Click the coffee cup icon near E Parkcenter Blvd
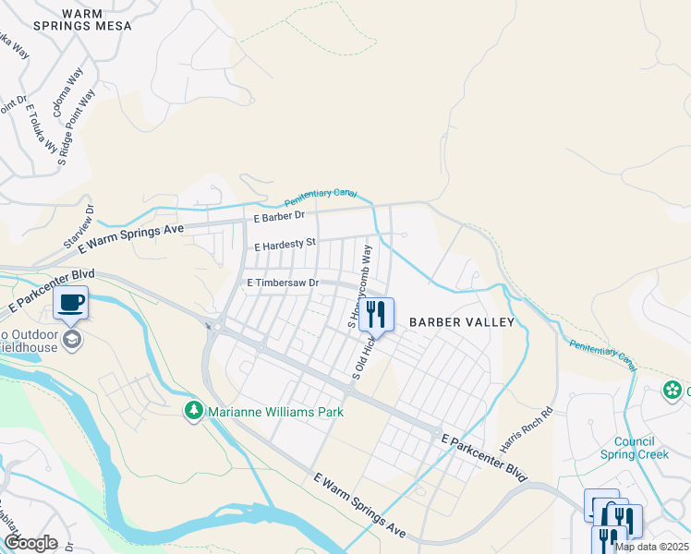[x=71, y=302]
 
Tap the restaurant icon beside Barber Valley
[x=375, y=315]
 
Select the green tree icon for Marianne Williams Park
[x=194, y=411]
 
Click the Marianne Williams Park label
[x=275, y=412]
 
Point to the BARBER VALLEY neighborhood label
[x=461, y=322]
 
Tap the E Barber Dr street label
[x=279, y=215]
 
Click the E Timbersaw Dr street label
[x=282, y=283]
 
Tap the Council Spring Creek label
[x=635, y=448]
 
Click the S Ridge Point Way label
[x=76, y=126]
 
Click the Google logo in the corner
[x=30, y=543]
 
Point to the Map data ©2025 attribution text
[x=652, y=547]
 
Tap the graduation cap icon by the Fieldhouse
[x=71, y=341]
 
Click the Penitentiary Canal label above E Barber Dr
[x=320, y=197]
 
